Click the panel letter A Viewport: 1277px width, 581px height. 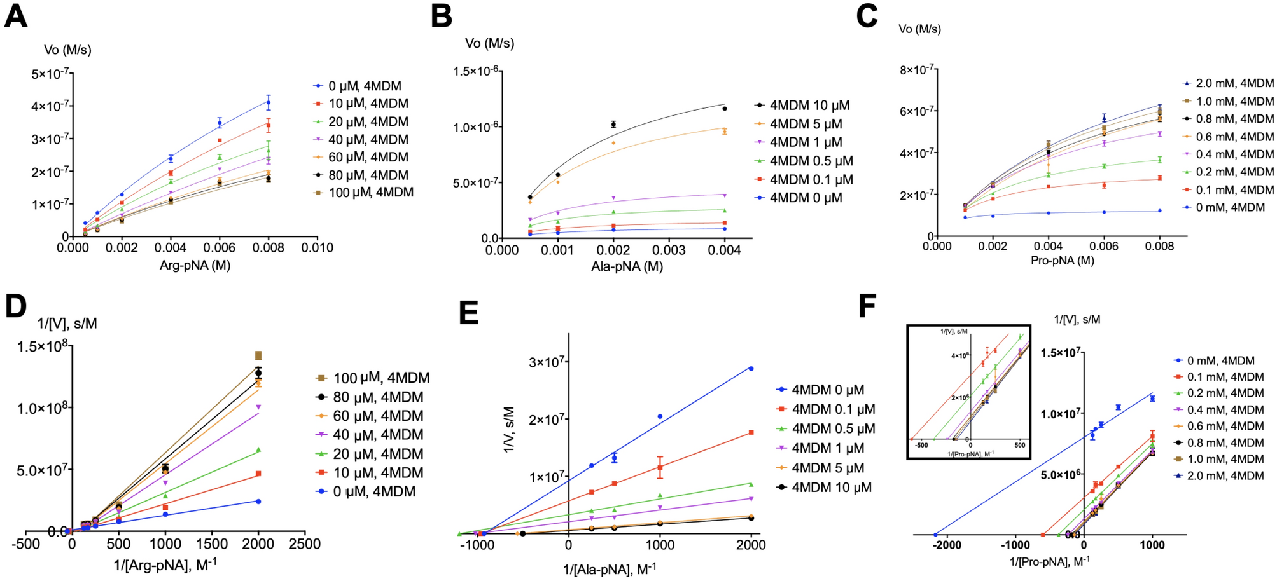[16, 16]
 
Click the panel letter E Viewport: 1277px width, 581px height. [469, 313]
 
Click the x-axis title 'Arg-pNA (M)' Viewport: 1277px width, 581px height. [195, 266]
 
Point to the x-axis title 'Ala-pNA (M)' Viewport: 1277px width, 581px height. [627, 267]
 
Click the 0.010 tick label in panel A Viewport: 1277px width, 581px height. [317, 248]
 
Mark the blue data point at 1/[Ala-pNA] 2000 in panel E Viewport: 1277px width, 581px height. [751, 369]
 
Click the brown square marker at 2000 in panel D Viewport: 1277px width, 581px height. [258, 355]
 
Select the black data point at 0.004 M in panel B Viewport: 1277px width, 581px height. [725, 109]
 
